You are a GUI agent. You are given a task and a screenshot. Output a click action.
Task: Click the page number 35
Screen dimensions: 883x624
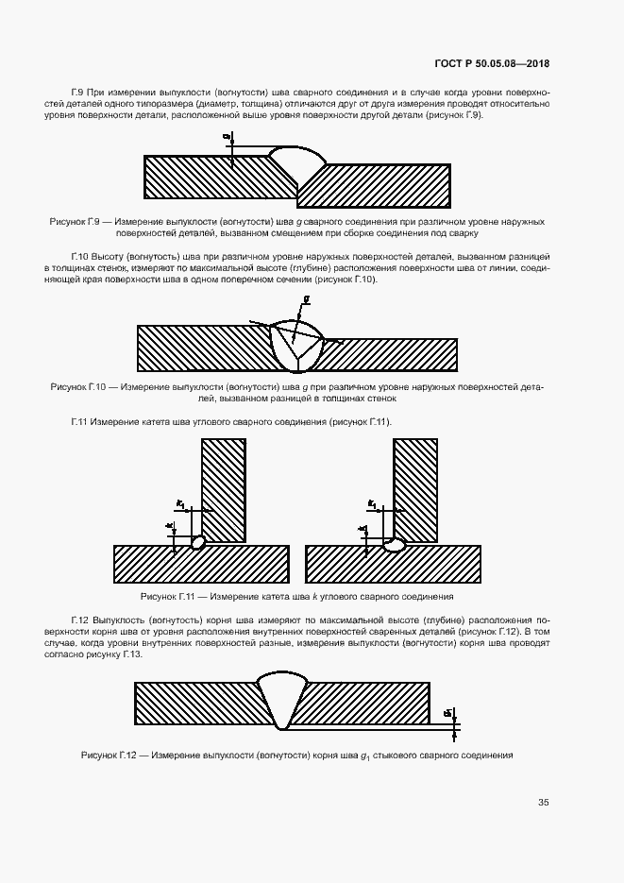tap(543, 803)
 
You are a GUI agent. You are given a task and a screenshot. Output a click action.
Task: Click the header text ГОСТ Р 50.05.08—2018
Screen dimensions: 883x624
tap(491, 64)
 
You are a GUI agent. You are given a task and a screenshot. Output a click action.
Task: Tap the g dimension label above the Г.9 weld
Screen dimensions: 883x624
tap(228, 136)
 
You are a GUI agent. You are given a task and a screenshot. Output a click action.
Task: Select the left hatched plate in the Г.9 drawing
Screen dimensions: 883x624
tap(212, 177)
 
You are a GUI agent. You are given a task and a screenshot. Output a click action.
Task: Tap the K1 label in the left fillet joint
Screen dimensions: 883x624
tap(179, 506)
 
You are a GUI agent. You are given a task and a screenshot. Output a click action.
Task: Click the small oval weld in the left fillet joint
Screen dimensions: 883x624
tap(197, 543)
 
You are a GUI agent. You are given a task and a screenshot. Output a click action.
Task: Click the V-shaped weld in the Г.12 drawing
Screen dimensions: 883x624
tap(282, 699)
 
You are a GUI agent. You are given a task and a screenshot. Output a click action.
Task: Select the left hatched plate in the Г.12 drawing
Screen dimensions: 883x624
tap(198, 705)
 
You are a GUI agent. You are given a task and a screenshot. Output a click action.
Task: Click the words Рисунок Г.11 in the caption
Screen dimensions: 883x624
tap(167, 597)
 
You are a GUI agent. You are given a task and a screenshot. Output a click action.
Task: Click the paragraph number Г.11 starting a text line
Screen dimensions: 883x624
tap(80, 421)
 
